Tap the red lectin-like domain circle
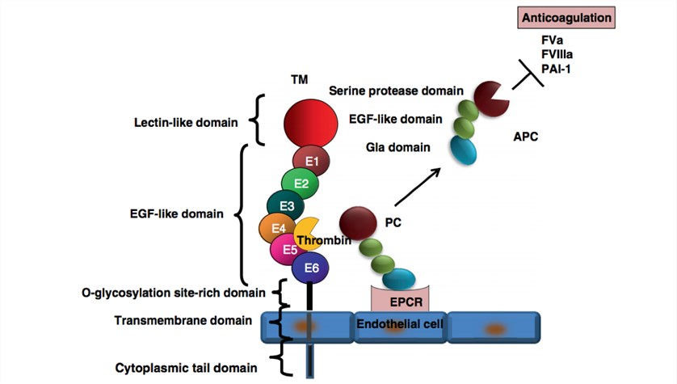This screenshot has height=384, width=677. pyautogui.click(x=310, y=125)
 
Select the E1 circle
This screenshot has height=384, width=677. pyautogui.click(x=311, y=162)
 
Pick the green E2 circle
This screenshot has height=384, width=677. pyautogui.click(x=300, y=184)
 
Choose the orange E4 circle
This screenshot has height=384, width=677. pyautogui.click(x=276, y=229)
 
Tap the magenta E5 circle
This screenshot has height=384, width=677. pyautogui.click(x=288, y=250)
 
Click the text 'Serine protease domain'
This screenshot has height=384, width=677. pyautogui.click(x=396, y=91)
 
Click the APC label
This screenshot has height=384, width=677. pyautogui.click(x=524, y=137)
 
